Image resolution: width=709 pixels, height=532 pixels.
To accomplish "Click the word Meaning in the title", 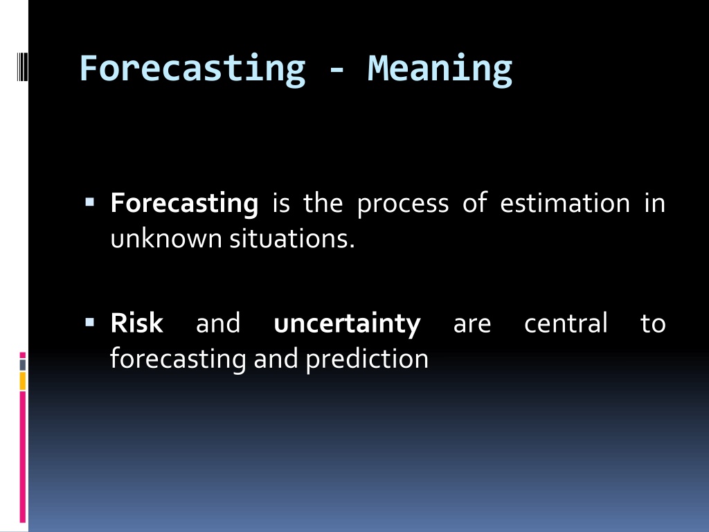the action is [440, 69].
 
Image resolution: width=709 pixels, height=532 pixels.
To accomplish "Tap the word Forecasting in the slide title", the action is [192, 69].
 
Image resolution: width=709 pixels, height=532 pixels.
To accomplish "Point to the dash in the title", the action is [336, 71].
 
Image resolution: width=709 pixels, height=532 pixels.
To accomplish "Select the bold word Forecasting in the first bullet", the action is [184, 204].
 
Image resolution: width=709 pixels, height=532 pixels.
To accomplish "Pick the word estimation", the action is [565, 203].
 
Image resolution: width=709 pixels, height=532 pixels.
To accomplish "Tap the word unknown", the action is [167, 238].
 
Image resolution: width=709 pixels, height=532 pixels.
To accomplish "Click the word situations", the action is [291, 238].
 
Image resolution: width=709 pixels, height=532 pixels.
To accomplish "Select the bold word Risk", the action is [136, 323].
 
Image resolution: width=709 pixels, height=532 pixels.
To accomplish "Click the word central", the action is [566, 323].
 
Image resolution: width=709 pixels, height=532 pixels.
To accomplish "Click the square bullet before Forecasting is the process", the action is [89, 202].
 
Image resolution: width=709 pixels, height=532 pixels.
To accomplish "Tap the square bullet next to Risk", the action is [89, 323].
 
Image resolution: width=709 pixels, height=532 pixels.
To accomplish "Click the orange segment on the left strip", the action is [23, 381].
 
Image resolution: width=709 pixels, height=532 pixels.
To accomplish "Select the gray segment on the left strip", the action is [23, 364].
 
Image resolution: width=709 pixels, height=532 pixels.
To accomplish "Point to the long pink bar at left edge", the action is [23, 457].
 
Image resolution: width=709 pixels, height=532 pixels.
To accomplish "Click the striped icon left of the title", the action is [22, 67].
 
